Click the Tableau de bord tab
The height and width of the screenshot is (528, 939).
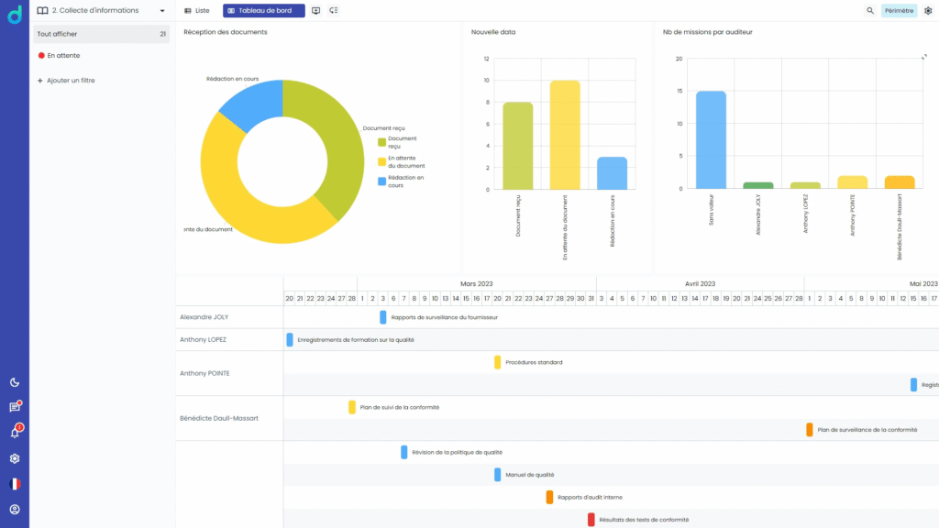(264, 10)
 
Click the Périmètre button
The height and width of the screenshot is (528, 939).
(899, 10)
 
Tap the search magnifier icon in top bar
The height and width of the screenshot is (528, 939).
(870, 10)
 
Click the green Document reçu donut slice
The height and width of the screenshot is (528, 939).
(334, 147)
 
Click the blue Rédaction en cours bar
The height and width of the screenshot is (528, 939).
(613, 173)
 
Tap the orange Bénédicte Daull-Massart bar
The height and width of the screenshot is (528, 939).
(900, 182)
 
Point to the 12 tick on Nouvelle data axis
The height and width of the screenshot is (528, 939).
(486, 59)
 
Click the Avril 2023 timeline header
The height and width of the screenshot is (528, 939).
(700, 284)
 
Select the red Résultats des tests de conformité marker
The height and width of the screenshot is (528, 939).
(591, 520)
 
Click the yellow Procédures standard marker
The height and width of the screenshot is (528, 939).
(498, 362)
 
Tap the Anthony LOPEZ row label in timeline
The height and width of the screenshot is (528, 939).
(203, 339)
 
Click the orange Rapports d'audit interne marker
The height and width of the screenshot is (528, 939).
(549, 497)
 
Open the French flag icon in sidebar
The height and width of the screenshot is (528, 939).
(15, 484)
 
